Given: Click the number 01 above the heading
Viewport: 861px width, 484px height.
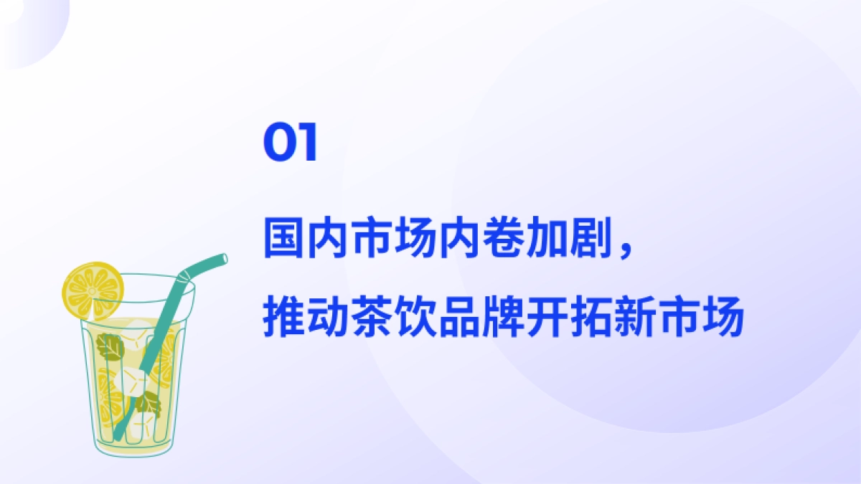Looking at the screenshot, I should [x=291, y=143].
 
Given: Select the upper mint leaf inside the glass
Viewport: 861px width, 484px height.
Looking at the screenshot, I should [x=111, y=347].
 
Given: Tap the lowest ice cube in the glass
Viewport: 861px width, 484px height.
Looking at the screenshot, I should [x=141, y=423].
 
